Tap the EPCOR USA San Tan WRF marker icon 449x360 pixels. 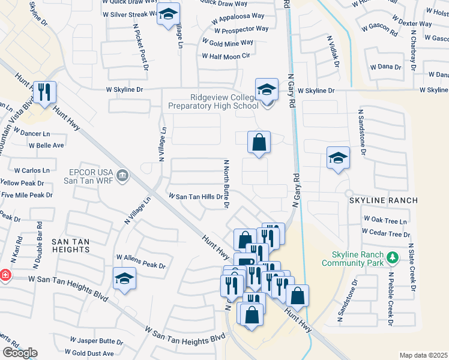pos(123,175)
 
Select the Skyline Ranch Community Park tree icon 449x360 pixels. pos(393,257)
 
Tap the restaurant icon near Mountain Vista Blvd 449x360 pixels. pos(44,92)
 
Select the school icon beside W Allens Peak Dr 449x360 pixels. pos(124,278)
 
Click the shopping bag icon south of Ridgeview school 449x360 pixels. pos(259,142)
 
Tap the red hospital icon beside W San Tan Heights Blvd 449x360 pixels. pos(5,275)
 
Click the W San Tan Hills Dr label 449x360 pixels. pos(195,196)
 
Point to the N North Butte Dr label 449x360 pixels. pos(227,184)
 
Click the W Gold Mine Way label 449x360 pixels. pos(228,43)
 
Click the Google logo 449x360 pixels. pos(20,353)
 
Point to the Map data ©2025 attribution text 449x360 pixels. pos(423,355)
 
